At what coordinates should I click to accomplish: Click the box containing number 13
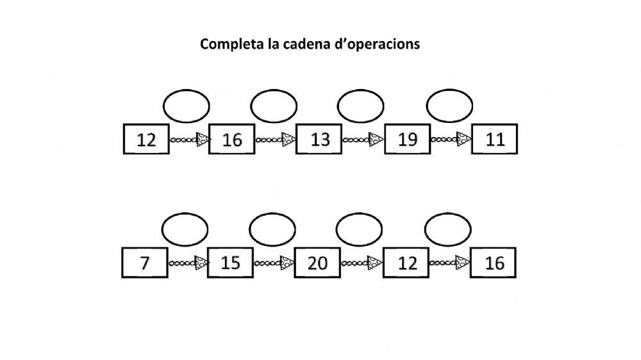pos(320,140)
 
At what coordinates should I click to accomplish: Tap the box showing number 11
pos(495,140)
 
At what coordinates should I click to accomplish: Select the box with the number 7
pos(145,263)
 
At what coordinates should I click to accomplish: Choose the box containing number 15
pos(231,263)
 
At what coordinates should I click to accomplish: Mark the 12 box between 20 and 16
pos(406,263)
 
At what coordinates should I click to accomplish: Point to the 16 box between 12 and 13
pos(232,140)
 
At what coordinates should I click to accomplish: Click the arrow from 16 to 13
pos(276,139)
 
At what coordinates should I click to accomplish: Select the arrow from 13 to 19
pos(363,139)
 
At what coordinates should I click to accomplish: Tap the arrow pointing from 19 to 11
pos(451,139)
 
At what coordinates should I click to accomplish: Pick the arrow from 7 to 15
pos(188,263)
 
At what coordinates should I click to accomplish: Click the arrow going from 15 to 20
pos(275,263)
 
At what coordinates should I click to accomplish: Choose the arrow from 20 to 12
pos(362,263)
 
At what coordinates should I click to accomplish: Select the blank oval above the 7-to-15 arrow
pos(185,229)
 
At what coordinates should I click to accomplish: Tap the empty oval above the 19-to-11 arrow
pos(449,106)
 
